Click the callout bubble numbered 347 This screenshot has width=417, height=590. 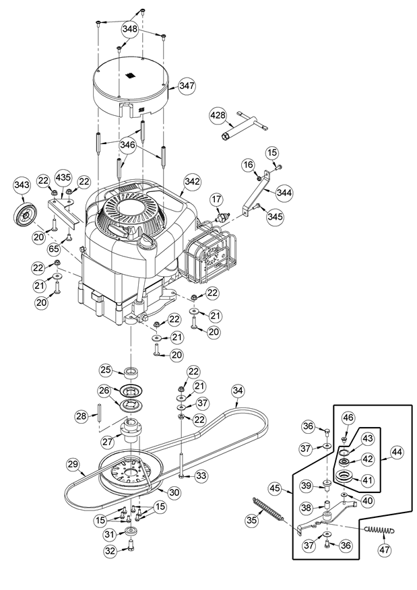187,86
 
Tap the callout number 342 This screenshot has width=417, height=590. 193,181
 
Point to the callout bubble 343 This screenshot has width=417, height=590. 24,185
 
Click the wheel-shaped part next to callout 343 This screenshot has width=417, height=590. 25,216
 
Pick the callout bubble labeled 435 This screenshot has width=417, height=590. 63,178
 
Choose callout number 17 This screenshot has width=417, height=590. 217,200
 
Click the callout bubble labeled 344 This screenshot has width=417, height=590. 284,193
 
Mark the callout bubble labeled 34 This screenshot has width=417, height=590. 237,391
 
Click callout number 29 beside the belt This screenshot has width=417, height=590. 73,464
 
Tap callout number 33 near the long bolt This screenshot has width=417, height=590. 201,476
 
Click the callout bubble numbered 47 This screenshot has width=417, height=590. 385,550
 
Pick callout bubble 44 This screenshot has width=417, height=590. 396,451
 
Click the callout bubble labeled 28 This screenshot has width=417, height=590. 82,416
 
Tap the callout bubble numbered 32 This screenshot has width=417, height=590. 110,551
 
